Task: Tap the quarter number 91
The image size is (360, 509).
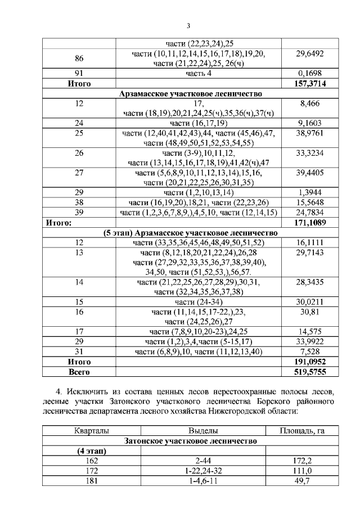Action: pyautogui.click(x=79, y=74)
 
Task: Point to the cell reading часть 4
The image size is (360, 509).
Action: pyautogui.click(x=199, y=74)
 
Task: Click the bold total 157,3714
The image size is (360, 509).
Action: pyautogui.click(x=308, y=84)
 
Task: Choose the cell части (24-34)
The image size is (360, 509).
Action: pyautogui.click(x=199, y=302)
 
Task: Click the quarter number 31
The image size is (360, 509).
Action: pyautogui.click(x=79, y=352)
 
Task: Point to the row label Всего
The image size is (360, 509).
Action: pyautogui.click(x=79, y=372)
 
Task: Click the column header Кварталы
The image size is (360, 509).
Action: pyautogui.click(x=79, y=431)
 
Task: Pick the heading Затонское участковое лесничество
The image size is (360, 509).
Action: pyautogui.click(x=190, y=441)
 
